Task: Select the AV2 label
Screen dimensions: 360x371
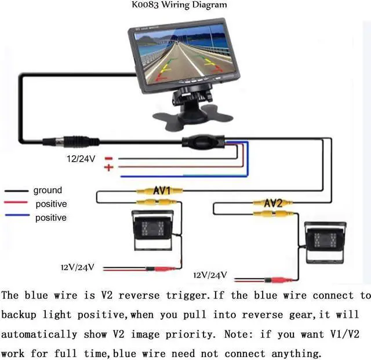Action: (x=272, y=203)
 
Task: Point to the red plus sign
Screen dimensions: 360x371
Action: (x=108, y=167)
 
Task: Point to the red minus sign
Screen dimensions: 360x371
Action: (x=108, y=158)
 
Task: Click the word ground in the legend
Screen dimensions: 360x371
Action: (x=48, y=190)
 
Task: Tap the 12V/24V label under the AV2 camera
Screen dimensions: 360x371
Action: (x=210, y=275)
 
